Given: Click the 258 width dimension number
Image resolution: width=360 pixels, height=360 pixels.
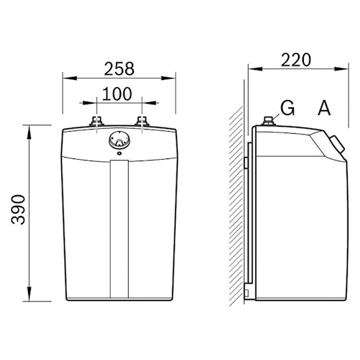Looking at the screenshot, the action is (x=119, y=68).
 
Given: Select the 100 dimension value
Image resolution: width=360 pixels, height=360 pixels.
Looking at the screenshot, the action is (x=117, y=94).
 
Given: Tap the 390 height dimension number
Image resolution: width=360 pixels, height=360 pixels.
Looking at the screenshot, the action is (x=18, y=210).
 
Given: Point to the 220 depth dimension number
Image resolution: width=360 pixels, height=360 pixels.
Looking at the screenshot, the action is (x=296, y=60).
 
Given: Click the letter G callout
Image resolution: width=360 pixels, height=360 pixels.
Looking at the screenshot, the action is (x=287, y=108).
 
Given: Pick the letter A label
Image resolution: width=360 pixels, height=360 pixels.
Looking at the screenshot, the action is (x=324, y=108).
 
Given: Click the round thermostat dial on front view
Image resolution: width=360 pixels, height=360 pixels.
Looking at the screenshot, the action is (x=120, y=140).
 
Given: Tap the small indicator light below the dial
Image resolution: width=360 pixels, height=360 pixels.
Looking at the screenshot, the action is (x=120, y=153).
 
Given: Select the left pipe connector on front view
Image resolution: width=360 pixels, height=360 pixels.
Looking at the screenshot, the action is (x=96, y=121).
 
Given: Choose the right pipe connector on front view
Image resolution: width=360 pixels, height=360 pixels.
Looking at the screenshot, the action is (x=142, y=121).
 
